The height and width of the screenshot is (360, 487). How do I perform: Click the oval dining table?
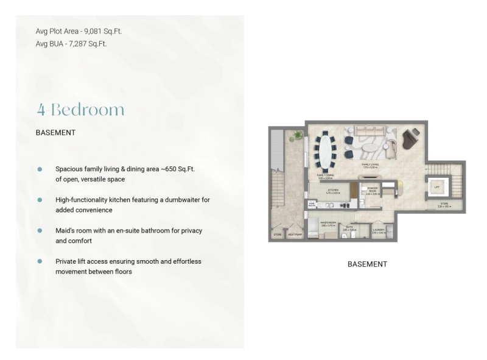point(326,151)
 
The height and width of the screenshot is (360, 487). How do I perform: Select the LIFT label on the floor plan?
point(436,186)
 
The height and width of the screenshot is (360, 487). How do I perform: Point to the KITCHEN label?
point(333,190)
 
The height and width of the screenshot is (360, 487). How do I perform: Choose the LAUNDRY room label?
point(378,229)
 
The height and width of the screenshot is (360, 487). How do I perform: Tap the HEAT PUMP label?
point(293,234)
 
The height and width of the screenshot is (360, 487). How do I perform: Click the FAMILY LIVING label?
point(371,164)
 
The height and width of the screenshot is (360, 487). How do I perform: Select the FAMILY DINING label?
point(325,175)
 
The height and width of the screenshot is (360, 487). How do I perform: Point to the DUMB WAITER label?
point(312,205)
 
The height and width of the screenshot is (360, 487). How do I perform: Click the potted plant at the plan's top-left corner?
point(298,135)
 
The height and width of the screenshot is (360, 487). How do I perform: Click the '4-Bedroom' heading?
point(80,110)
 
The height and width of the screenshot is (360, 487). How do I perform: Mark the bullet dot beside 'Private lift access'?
point(40,261)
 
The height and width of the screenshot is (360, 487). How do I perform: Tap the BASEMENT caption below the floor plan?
point(367,264)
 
